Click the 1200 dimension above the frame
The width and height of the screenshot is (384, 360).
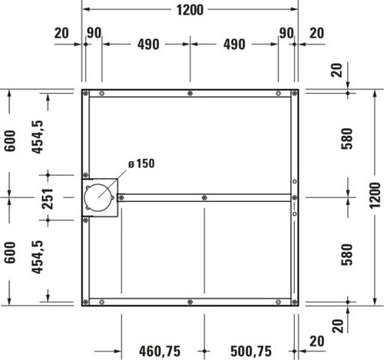(190, 10)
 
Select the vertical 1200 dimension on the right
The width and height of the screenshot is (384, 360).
(375, 195)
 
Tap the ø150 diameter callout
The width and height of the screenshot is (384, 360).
(141, 163)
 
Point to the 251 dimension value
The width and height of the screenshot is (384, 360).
(48, 199)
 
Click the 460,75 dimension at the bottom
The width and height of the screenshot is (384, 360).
(160, 351)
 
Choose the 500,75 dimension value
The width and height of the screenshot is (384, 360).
(251, 351)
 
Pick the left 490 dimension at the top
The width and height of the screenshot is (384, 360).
(148, 45)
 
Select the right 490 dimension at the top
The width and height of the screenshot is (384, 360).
(234, 45)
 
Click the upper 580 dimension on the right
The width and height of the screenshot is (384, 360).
(347, 139)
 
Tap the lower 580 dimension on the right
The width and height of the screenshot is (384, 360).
(347, 255)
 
